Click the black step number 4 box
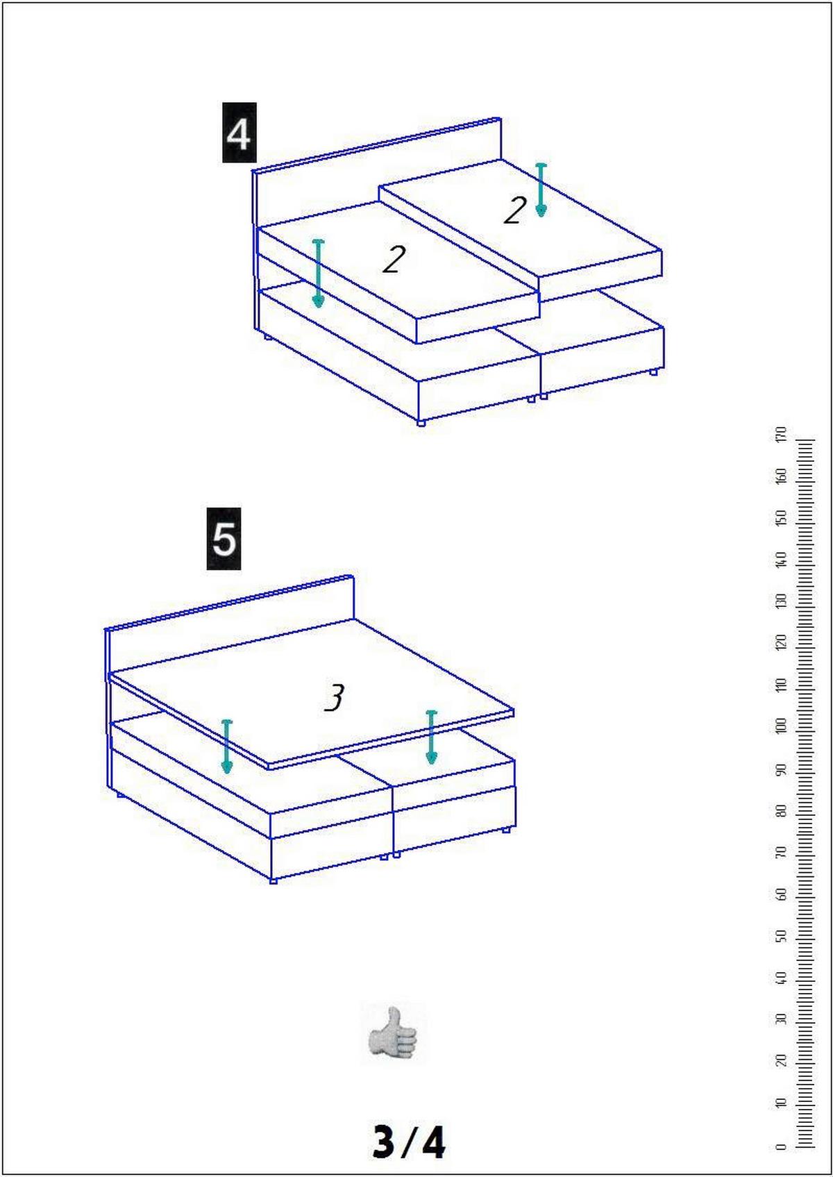239,133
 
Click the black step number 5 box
224,539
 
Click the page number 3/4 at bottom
408,1142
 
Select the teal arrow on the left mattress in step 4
318,274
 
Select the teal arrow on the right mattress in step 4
541,190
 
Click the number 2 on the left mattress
394,260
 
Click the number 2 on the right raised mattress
514,210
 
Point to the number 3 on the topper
335,698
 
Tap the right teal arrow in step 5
431,737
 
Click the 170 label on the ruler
782,435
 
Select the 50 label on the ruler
782,936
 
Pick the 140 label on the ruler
782,560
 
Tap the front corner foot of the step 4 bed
421,423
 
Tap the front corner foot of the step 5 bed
273,880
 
